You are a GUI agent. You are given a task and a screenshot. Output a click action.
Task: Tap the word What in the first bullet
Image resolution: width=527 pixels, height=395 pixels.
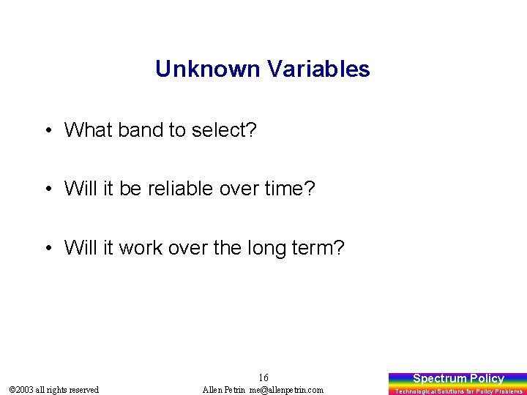click(86, 130)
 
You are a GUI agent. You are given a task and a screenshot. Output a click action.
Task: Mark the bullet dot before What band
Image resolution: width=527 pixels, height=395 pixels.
click(47, 131)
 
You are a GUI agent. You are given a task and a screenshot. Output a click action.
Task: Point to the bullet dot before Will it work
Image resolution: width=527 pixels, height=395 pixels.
click(47, 249)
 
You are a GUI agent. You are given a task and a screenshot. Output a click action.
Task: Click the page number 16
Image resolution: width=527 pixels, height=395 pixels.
click(263, 377)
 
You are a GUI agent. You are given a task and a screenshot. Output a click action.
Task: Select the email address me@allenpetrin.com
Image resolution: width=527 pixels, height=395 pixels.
click(286, 390)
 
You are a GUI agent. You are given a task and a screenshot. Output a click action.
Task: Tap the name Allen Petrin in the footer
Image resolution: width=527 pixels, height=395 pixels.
click(224, 390)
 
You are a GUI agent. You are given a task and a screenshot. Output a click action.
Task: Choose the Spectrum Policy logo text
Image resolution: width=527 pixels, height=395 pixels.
click(458, 378)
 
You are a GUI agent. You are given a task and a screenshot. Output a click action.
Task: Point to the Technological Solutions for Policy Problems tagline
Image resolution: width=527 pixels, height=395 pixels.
click(458, 391)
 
